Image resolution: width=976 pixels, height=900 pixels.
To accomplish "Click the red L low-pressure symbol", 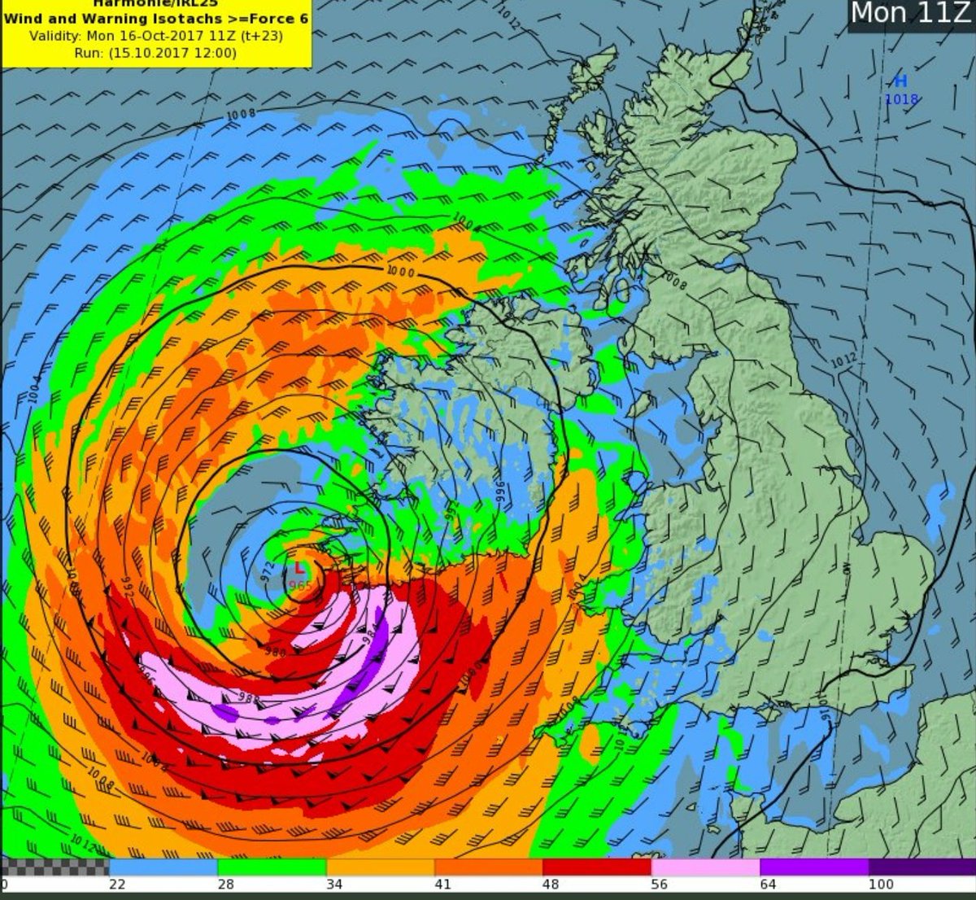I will point(299,567).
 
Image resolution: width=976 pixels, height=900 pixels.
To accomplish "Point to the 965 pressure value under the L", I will point(299,583).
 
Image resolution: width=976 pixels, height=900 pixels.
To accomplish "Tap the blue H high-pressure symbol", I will point(900,81).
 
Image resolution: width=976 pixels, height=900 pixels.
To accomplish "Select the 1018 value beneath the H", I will point(901,99).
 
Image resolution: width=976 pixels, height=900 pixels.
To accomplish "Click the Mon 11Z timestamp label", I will point(908,14).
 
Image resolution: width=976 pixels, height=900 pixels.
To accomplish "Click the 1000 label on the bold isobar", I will point(400,272).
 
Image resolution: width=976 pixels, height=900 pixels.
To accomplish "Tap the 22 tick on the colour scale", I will point(116,885).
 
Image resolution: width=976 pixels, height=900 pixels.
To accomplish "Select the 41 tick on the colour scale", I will point(442,885).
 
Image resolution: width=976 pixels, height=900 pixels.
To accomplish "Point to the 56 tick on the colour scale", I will point(660,885).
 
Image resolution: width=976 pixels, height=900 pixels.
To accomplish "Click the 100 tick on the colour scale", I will point(881,885).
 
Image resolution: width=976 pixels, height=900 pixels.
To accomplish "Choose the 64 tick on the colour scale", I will point(768,885).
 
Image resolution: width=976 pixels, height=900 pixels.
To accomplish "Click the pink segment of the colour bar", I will point(705,866).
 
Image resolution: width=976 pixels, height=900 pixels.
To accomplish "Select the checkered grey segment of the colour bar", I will point(54,866).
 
